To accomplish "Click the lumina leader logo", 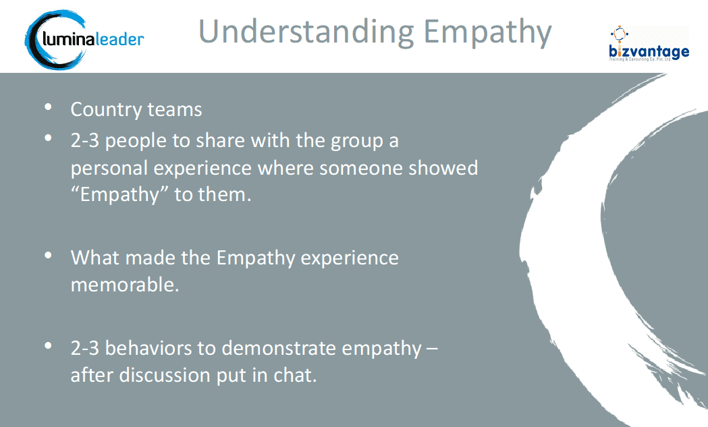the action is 84,40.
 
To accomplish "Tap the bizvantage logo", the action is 649,44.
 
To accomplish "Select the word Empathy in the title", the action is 488,32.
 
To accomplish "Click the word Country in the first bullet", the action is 106,110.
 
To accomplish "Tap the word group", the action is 357,141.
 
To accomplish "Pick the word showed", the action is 443,167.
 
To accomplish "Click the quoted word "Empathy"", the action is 119,195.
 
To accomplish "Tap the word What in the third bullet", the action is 95,258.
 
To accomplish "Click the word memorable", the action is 125,285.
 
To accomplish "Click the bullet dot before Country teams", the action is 49,107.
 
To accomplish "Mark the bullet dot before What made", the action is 49,256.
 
